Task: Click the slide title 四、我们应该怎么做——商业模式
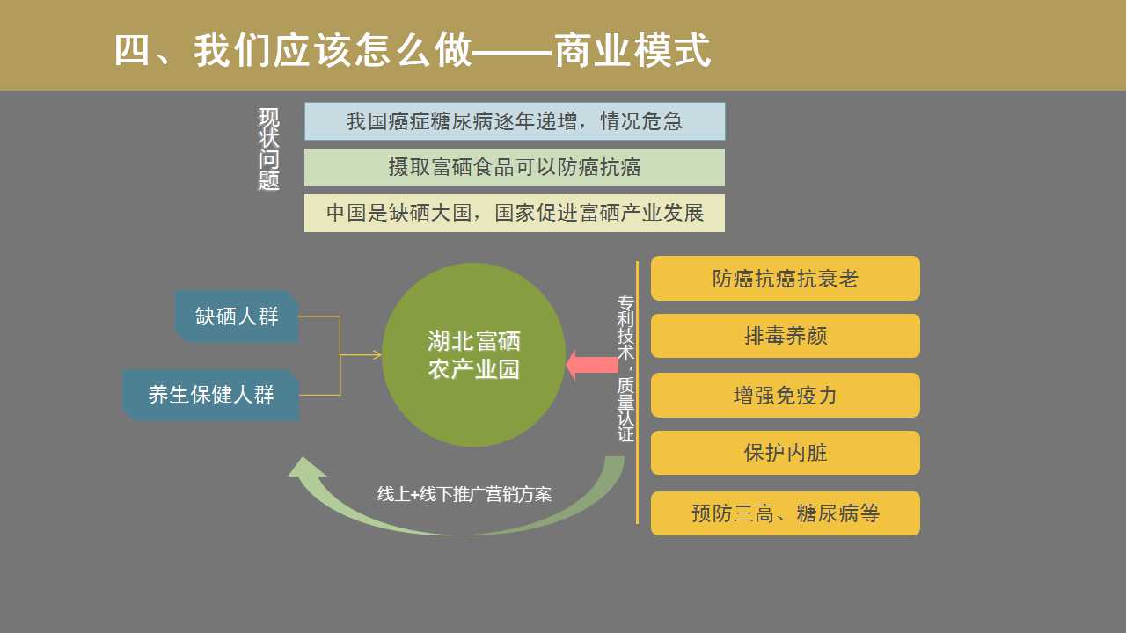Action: coord(413,50)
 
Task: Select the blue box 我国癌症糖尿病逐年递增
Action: coord(515,121)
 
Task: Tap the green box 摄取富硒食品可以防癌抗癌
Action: coord(515,167)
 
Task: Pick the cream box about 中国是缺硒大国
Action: coord(515,213)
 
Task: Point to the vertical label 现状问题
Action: coord(269,149)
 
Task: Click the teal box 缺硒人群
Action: coord(237,316)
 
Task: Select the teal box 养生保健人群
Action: coord(211,396)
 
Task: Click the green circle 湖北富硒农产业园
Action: coord(473,355)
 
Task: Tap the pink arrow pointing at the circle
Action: coord(592,365)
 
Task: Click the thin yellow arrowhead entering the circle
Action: coord(376,355)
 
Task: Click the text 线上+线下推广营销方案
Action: coord(464,494)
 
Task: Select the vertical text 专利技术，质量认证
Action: coord(625,368)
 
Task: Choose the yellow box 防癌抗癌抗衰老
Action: coord(786,279)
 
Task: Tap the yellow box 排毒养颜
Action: coord(786,336)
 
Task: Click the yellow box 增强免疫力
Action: coord(786,396)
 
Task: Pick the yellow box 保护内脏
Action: coord(786,453)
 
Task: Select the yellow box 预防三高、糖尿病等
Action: coord(786,513)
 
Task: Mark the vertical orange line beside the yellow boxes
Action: coord(638,393)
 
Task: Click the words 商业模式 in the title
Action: coord(632,50)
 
